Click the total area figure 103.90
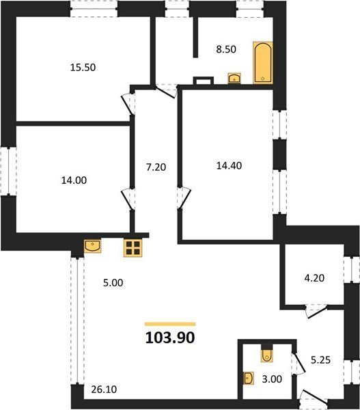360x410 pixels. pos(170,338)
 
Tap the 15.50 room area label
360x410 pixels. pos(83,68)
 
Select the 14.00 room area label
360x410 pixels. pos(74,180)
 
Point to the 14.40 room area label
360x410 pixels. pos(229,165)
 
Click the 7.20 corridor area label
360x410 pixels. pos(156,167)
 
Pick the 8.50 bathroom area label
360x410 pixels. pos(226,49)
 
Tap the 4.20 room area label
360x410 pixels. pos(314,278)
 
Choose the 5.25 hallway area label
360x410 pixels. pos(320,360)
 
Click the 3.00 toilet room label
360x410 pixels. pos(272,379)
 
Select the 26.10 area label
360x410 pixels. pos(104,389)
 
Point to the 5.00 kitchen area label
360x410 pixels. pos(113,283)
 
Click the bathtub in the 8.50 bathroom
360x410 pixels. pos(263,63)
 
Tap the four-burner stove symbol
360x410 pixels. pos(133,247)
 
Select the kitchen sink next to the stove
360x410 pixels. pos(92,246)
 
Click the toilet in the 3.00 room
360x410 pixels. pos(266,353)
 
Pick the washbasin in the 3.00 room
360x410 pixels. pos(249,378)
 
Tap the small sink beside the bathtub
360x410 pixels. pos(234,78)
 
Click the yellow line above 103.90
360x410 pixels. pos(170,324)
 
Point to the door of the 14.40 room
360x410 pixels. pos(184,198)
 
